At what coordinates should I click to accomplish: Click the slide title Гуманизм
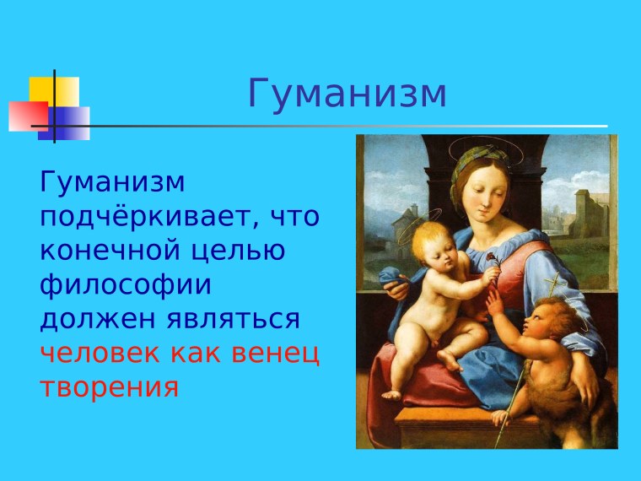tap(347, 95)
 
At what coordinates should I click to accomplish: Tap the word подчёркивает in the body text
tap(143, 217)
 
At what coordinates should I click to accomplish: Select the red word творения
tap(109, 387)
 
